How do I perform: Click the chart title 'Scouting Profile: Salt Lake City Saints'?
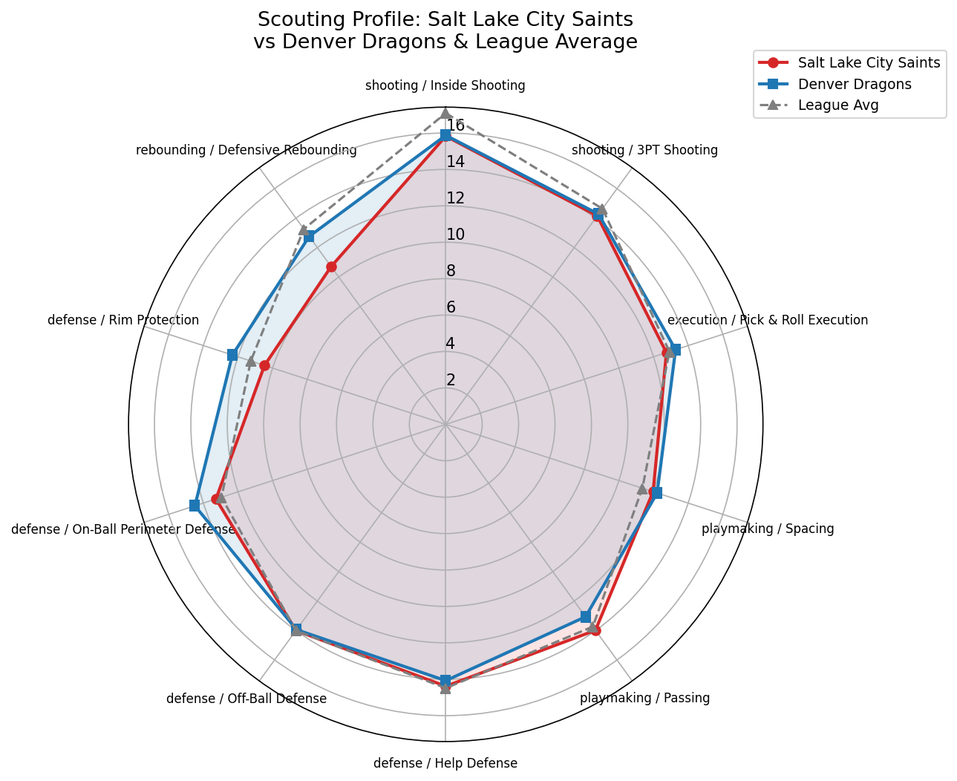(x=445, y=19)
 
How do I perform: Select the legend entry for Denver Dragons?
(x=854, y=84)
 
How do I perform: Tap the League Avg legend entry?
(x=837, y=105)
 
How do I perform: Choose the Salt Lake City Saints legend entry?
(x=869, y=63)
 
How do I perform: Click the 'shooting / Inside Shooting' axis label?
(x=445, y=85)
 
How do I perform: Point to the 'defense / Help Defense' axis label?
(x=445, y=763)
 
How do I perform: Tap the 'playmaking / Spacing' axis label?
(x=768, y=529)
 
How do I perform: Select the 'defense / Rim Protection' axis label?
(x=123, y=320)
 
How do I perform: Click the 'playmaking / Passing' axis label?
(x=644, y=698)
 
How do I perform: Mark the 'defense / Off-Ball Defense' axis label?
(x=246, y=699)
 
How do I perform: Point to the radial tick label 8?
(x=451, y=271)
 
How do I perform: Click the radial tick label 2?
(x=451, y=380)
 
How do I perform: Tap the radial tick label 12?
(x=455, y=198)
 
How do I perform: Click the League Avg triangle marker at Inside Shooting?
(x=445, y=112)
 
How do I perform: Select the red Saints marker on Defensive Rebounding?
(x=332, y=267)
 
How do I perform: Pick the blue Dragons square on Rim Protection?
(x=232, y=355)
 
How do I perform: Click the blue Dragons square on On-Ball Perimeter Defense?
(x=194, y=506)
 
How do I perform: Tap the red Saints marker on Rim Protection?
(x=264, y=365)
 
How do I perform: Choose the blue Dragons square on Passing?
(x=585, y=617)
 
